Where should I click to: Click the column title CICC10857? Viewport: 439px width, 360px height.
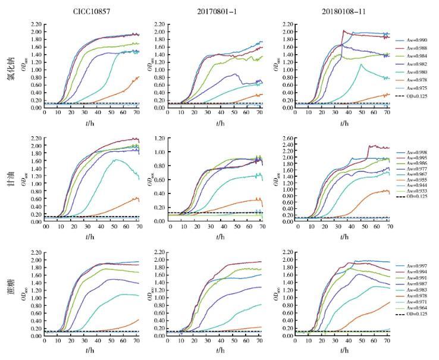pos(90,11)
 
